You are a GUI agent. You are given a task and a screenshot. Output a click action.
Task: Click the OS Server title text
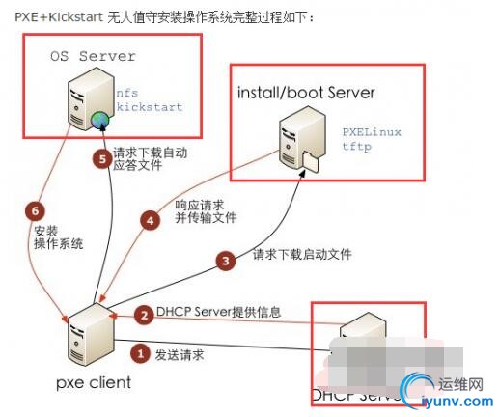[93, 57]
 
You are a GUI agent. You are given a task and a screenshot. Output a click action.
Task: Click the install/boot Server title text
[305, 92]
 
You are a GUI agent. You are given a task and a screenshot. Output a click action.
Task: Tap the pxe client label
[93, 383]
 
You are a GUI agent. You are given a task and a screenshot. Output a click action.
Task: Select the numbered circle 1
[140, 354]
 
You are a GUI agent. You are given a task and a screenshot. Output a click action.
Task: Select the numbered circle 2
[142, 315]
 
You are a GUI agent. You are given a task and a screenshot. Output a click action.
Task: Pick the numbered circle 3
[225, 260]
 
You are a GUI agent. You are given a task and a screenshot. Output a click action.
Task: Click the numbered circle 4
[150, 219]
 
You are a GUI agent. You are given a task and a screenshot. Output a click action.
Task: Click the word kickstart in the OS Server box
[148, 108]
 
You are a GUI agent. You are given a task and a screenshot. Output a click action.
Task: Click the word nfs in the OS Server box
[127, 93]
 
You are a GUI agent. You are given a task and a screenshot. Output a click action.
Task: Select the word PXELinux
[372, 130]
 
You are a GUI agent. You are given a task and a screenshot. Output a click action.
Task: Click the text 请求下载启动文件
[302, 255]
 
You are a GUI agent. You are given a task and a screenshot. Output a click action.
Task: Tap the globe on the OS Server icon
[98, 120]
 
